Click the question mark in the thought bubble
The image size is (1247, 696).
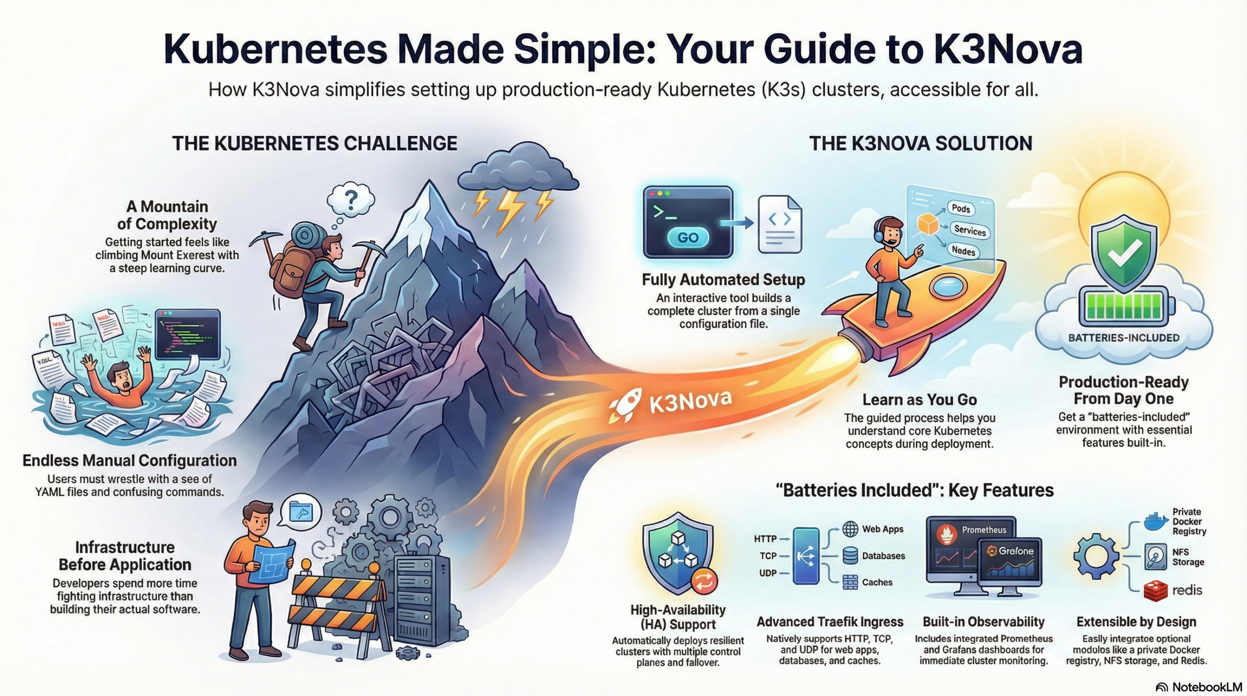coord(351,199)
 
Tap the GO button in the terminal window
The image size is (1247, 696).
coord(687,238)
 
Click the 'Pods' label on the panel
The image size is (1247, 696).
coord(961,208)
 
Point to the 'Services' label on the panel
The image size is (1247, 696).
coord(969,230)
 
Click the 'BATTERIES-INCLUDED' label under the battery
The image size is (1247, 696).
coord(1124,338)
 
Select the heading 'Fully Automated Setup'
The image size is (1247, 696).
coord(723,280)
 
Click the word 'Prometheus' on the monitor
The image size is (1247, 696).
coord(983,530)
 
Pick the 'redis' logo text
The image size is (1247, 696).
coord(1187,590)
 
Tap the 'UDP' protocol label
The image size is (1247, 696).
coord(768,573)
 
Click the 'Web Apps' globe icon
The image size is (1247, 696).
coord(850,529)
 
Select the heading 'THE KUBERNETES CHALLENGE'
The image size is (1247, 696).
coord(315,144)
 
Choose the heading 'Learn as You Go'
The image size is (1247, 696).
coord(919,400)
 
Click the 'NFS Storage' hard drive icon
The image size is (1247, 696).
coord(1155,557)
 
